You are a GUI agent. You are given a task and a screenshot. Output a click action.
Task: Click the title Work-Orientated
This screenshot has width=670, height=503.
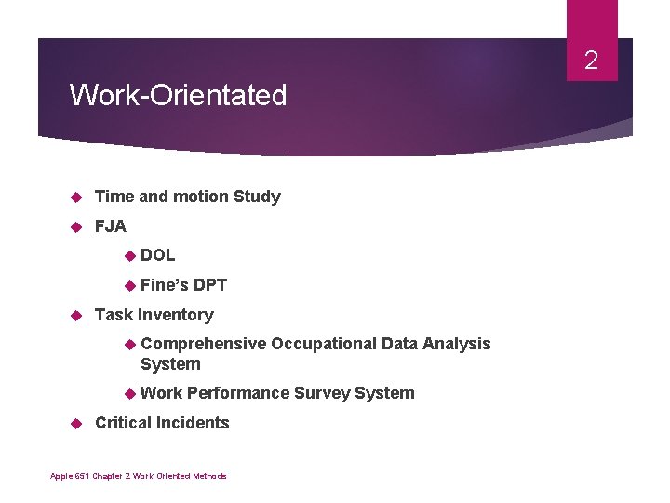click(178, 95)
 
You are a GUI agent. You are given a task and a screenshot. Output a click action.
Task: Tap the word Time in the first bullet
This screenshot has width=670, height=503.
click(114, 197)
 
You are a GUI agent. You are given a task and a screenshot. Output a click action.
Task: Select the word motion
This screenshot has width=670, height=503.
click(195, 197)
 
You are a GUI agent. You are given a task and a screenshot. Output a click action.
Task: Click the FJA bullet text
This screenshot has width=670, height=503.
click(111, 226)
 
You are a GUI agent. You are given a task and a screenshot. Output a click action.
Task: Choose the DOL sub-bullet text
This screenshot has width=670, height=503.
click(157, 255)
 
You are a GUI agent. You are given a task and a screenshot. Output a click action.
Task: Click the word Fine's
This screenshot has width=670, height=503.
click(164, 285)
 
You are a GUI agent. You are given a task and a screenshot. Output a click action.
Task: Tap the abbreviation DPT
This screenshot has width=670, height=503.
click(210, 285)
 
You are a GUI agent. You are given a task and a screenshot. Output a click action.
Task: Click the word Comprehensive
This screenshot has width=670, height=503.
click(203, 344)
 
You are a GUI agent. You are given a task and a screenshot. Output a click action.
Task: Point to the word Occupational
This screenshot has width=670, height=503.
click(324, 344)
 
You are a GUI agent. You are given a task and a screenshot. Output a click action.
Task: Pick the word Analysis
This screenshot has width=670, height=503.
click(456, 344)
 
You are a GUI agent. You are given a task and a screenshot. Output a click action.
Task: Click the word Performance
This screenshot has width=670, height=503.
click(238, 393)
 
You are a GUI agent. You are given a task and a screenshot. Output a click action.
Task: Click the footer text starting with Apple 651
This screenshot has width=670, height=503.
click(139, 476)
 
